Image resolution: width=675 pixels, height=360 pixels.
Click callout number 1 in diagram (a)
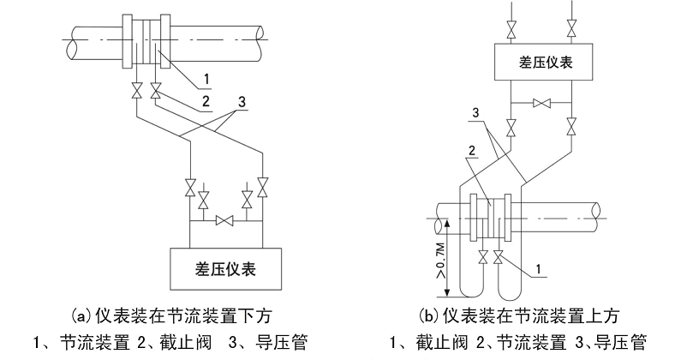point(206,79)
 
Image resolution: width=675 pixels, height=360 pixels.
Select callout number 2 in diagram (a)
point(206,100)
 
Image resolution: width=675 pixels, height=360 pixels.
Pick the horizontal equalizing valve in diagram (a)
point(225,221)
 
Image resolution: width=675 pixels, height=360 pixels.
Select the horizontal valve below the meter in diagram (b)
point(541,103)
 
